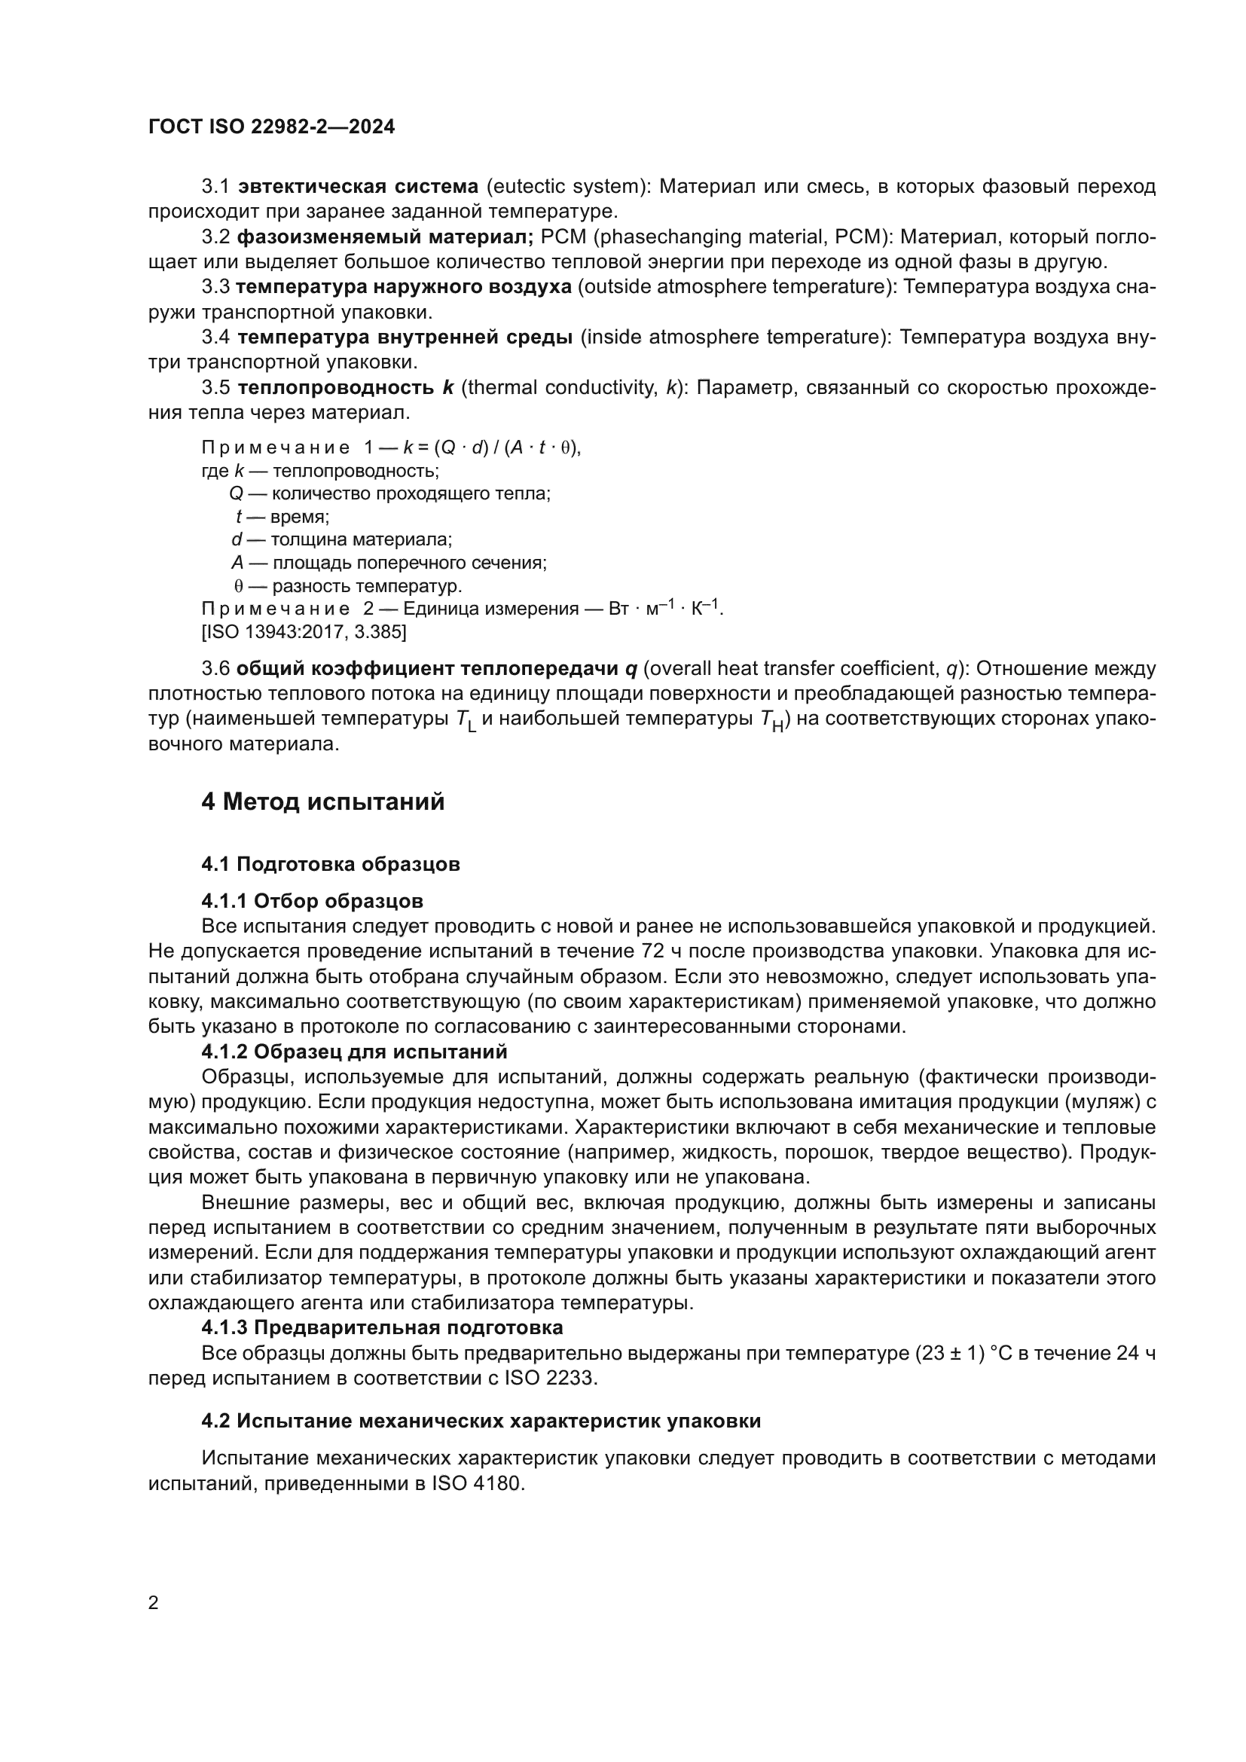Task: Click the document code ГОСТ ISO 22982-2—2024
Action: tap(272, 127)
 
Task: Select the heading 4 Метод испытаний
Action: tap(323, 802)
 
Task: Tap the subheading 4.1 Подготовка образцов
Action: tap(331, 864)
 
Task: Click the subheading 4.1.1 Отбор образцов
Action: tap(313, 900)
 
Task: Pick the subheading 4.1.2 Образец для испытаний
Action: tap(355, 1051)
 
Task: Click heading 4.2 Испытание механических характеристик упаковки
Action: tap(481, 1421)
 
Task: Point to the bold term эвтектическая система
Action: tap(359, 187)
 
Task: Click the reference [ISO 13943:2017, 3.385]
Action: tap(304, 632)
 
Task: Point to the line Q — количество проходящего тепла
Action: tap(389, 493)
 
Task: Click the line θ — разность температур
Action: tap(348, 587)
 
